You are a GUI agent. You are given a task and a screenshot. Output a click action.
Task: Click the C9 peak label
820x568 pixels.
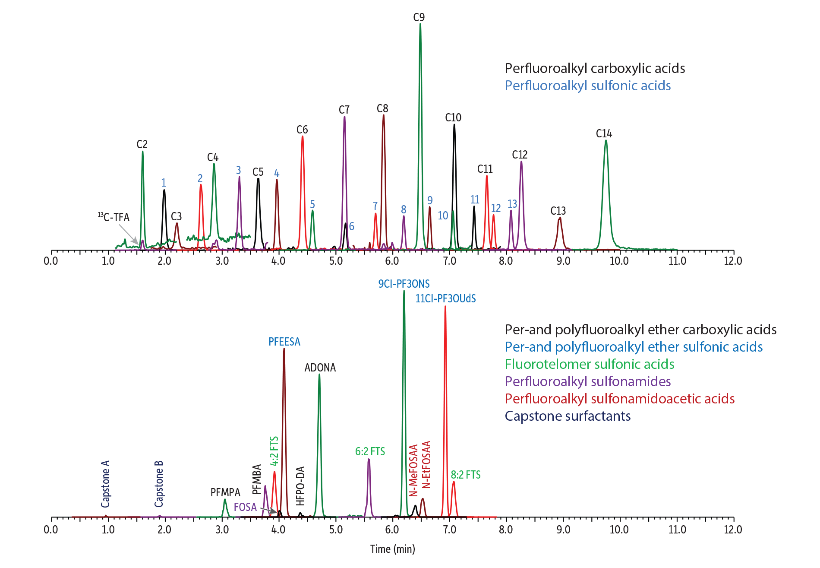point(419,17)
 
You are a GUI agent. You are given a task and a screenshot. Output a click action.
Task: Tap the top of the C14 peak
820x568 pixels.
point(606,141)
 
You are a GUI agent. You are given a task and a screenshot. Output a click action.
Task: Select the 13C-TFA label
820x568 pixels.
point(114,217)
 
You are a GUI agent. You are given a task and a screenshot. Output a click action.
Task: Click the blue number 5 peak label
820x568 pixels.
point(312,204)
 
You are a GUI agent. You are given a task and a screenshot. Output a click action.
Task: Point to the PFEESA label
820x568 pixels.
point(284,342)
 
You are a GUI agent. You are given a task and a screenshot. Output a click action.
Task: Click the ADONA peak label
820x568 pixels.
point(320,368)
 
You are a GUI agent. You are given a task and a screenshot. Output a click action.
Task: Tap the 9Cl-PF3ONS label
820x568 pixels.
point(404,284)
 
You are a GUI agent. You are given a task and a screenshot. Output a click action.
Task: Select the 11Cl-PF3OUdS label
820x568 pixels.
point(445,298)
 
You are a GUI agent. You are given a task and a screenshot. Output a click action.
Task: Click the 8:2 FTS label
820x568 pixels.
point(466,475)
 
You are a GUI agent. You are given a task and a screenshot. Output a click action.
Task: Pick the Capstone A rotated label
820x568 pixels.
point(105,484)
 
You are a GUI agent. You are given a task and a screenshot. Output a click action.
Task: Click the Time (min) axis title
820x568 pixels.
point(392,549)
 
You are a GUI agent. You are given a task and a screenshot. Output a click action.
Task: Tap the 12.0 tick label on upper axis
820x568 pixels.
point(733,261)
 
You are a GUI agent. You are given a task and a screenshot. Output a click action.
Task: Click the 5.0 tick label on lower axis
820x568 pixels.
point(335,530)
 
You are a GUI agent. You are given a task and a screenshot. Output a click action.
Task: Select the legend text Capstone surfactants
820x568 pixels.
point(568,416)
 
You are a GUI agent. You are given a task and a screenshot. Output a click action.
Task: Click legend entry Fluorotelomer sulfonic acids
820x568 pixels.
point(589,364)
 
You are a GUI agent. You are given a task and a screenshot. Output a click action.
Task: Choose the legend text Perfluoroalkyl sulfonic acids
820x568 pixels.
point(587,86)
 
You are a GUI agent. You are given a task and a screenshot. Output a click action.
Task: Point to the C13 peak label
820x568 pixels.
point(558,211)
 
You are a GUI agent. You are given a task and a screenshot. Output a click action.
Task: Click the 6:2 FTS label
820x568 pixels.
point(370,451)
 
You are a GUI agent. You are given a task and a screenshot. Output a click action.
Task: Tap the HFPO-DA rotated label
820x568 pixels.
point(300,486)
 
